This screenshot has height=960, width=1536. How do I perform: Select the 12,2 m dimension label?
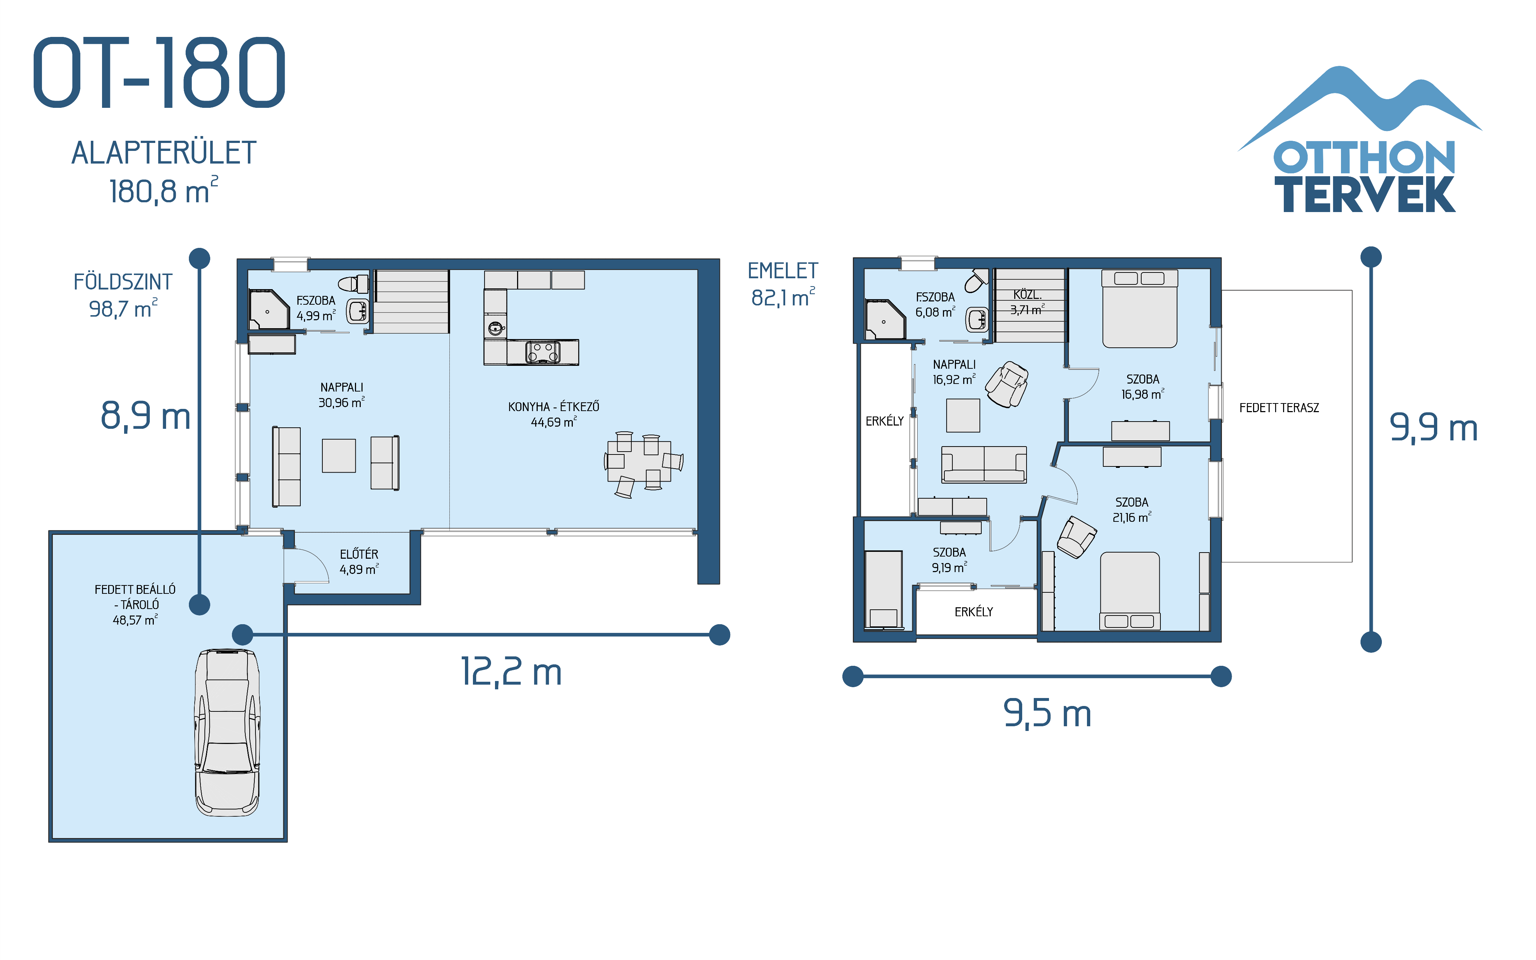pyautogui.click(x=511, y=672)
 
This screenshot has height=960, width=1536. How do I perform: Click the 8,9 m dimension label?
pyautogui.click(x=145, y=416)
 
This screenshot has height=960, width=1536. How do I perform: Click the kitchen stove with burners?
pyautogui.click(x=543, y=352)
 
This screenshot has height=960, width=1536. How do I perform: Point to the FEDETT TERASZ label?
pyautogui.click(x=1279, y=408)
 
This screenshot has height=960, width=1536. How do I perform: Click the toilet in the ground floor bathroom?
pyautogui.click(x=353, y=283)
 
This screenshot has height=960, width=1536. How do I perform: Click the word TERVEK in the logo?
pyautogui.click(x=1364, y=195)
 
